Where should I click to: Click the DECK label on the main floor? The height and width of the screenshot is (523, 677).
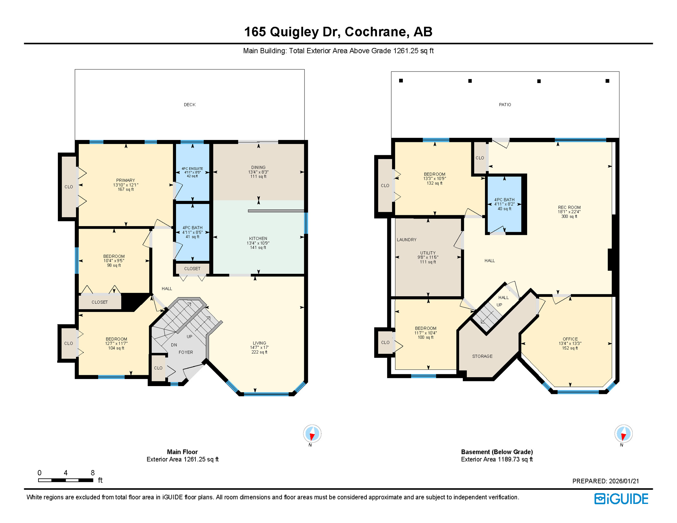[189, 105]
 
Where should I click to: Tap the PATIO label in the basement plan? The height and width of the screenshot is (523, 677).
[505, 105]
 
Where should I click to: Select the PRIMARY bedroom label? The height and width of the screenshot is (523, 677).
[125, 180]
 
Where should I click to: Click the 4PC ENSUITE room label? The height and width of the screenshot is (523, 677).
[192, 169]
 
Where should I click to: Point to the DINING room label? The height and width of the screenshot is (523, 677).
[258, 168]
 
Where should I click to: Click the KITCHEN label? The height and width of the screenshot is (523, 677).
[258, 238]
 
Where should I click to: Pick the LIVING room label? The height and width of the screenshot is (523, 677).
[259, 343]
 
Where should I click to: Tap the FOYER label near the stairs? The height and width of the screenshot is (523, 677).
[186, 352]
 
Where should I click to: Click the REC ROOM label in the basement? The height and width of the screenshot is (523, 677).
[569, 207]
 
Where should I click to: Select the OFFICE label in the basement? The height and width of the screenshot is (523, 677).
[570, 339]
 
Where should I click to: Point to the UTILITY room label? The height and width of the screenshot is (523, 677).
[428, 253]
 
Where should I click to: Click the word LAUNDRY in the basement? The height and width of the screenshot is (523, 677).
[406, 240]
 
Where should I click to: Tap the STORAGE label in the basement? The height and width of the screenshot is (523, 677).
[482, 356]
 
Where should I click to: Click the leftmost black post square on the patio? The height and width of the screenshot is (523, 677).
[401, 81]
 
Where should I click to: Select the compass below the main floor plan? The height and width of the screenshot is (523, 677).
[312, 434]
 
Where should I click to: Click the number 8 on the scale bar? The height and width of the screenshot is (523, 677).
[93, 473]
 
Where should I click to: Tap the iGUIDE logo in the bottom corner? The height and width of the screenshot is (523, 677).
[621, 499]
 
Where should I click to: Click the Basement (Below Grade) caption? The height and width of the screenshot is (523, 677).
[497, 452]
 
